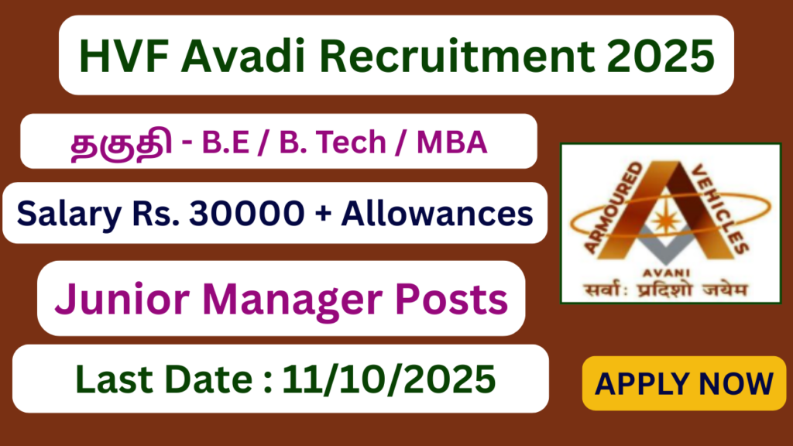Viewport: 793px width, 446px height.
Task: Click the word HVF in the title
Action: point(124,56)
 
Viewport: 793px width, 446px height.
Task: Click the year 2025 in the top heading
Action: point(661,56)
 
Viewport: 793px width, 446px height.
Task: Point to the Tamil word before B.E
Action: point(122,143)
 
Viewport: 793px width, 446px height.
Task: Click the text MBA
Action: point(451,142)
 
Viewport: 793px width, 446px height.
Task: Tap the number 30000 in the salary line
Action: point(247,213)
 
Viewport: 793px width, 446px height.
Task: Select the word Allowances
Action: point(437,213)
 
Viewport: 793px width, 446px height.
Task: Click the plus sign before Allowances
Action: point(323,214)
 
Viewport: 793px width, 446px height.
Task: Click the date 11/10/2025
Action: point(389,379)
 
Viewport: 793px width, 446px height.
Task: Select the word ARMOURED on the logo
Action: point(613,207)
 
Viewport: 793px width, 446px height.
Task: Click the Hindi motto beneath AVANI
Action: point(665,290)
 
